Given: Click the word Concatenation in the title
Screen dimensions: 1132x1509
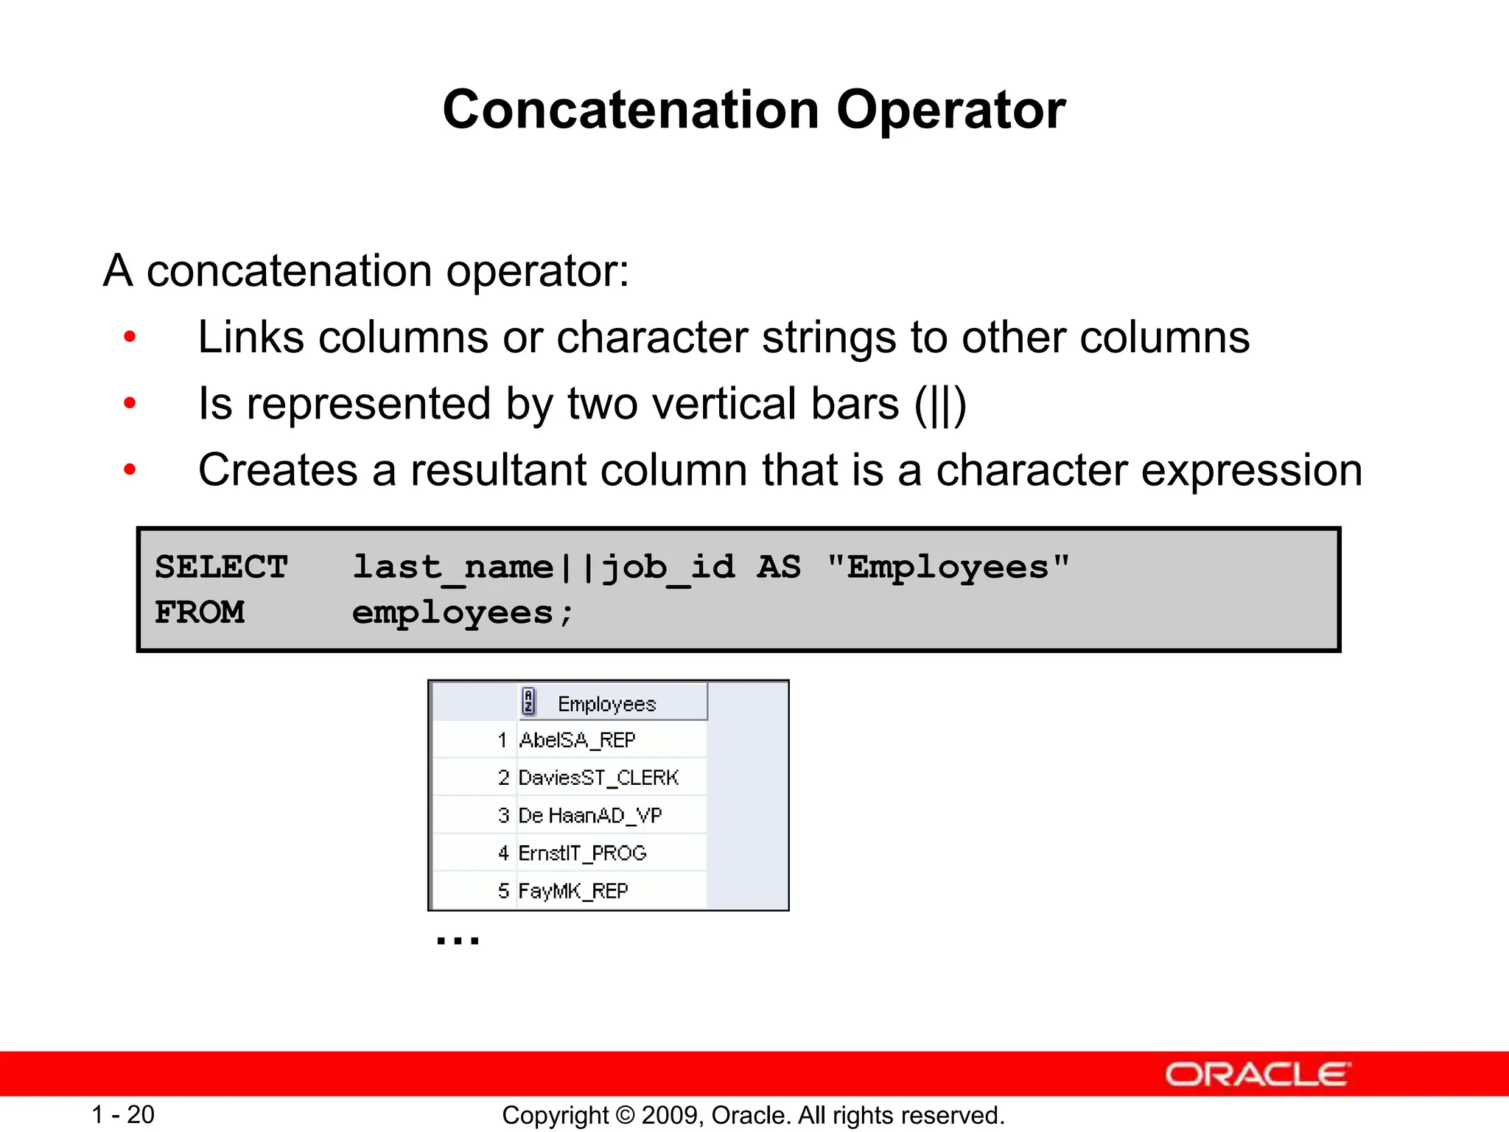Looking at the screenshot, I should click(x=631, y=111).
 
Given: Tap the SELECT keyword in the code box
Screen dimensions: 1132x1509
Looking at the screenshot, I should click(x=220, y=567).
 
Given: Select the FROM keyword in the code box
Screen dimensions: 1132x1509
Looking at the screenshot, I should click(x=199, y=612).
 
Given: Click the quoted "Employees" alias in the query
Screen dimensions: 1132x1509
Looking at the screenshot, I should click(x=948, y=567).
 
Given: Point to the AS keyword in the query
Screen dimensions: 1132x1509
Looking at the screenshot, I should click(x=779, y=567).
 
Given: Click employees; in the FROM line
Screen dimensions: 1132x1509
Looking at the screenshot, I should click(x=462, y=613).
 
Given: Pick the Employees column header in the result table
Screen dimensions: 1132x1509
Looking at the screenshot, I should click(x=606, y=704).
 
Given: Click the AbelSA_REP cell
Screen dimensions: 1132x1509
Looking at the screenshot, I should click(x=577, y=740).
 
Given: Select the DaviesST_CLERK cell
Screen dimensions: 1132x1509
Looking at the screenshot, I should click(x=598, y=778).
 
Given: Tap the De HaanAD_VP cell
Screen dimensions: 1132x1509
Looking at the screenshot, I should click(x=589, y=815).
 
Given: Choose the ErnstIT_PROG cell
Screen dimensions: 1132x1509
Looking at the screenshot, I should click(x=582, y=853).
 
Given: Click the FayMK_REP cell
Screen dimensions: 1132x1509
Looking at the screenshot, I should click(x=573, y=891).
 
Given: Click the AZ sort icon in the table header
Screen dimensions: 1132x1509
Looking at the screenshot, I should click(x=528, y=702).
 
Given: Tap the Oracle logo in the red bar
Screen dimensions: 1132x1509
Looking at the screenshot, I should click(x=1257, y=1074).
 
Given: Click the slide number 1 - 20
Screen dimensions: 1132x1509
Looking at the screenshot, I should click(x=122, y=1114).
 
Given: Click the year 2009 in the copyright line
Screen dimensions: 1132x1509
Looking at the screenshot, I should click(x=665, y=1115).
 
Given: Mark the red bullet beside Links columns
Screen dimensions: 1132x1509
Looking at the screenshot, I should click(x=130, y=338).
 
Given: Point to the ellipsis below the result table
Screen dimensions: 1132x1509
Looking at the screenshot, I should click(x=458, y=940).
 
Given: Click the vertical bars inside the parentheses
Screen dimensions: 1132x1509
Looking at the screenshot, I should click(x=940, y=405).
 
